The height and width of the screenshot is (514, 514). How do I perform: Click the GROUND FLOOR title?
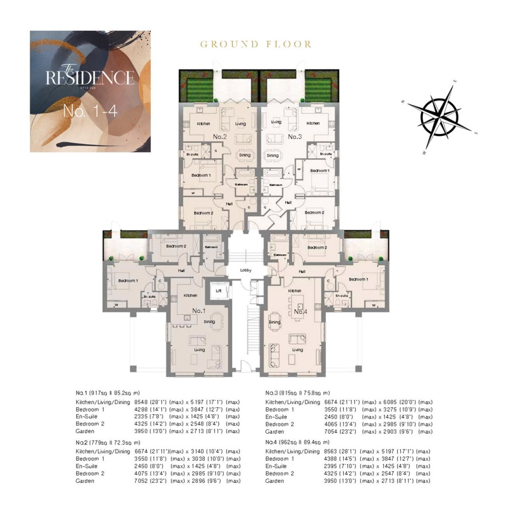[x=256, y=44]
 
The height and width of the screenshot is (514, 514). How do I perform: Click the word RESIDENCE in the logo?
[x=90, y=78]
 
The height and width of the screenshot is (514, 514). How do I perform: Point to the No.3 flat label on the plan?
[x=294, y=137]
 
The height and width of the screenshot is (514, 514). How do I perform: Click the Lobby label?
[x=245, y=270]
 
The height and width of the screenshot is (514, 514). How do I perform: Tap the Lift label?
[x=218, y=291]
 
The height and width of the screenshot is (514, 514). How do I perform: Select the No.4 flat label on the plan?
[x=300, y=312]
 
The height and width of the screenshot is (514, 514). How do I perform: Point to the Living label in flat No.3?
[x=276, y=122]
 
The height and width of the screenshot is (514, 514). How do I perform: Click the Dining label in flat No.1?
[x=209, y=322]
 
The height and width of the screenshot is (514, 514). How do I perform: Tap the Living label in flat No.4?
[x=298, y=350]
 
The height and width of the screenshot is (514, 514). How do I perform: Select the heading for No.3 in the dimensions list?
[x=297, y=393]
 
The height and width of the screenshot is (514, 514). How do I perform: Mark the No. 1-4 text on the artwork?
[x=90, y=111]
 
